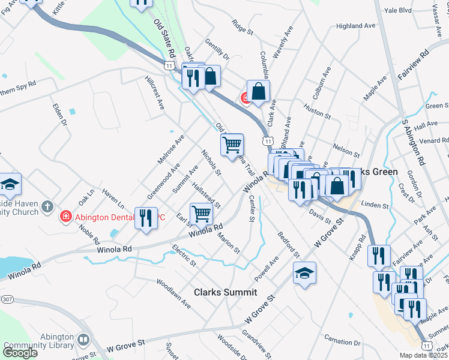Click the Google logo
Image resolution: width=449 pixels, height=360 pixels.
20,352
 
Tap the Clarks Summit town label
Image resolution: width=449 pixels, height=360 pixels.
225,292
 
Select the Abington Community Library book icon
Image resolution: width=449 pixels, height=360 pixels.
83,340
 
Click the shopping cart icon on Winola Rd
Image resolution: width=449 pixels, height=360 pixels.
201,213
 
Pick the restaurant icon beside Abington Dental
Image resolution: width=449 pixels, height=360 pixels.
146,218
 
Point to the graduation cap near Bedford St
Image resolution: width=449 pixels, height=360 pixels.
305,273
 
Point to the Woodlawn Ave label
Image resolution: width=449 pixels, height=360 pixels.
173,293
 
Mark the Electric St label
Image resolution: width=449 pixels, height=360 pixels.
184,255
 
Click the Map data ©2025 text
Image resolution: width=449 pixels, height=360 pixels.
423,355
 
